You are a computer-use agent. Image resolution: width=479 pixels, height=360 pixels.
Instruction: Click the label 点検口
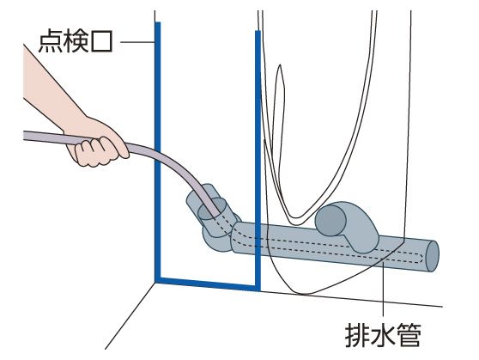[x=76, y=41]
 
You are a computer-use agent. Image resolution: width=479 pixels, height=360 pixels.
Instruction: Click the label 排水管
[x=383, y=335]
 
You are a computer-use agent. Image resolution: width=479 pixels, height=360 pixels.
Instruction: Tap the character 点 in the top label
[x=51, y=41]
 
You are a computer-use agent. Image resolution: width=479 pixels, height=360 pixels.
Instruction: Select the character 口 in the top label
[x=101, y=41]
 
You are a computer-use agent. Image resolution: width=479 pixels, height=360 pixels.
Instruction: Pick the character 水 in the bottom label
[x=383, y=335]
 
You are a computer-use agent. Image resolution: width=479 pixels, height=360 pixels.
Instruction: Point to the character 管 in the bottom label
[x=409, y=335]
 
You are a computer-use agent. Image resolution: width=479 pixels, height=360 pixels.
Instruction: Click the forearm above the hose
[x=52, y=92]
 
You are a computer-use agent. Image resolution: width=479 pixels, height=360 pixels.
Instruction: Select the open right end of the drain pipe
[x=433, y=256]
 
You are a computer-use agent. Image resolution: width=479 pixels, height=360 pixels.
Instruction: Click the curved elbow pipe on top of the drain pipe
[x=349, y=225]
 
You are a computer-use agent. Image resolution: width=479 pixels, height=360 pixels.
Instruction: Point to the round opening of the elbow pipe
[x=330, y=221]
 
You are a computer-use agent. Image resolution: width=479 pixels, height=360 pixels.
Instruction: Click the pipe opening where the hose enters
[x=212, y=209]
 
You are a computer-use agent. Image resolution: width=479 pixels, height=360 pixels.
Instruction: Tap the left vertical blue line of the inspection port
[x=158, y=151]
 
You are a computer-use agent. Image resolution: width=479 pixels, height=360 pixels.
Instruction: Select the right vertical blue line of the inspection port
[x=258, y=160]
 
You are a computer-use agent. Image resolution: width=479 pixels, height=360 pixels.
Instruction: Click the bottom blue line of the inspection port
[x=208, y=284]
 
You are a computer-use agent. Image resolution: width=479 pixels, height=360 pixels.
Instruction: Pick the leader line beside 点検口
[x=137, y=41]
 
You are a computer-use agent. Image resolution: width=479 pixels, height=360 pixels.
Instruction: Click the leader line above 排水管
[x=383, y=290]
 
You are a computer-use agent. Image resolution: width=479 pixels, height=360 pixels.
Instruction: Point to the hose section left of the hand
[x=52, y=137]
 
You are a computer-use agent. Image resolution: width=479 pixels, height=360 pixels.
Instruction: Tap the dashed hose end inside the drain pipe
[x=420, y=258]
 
